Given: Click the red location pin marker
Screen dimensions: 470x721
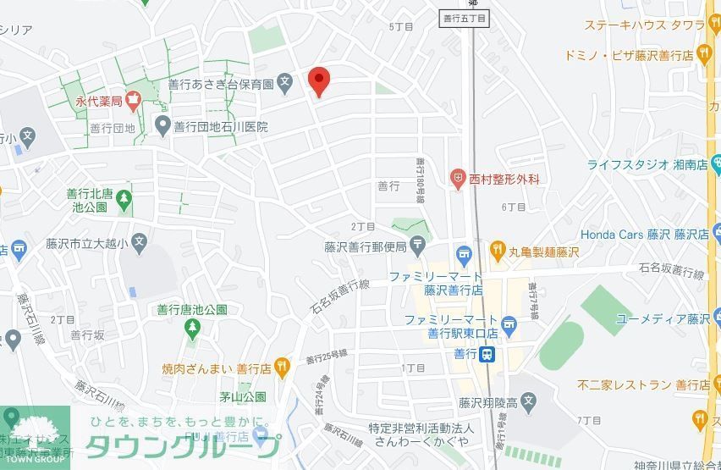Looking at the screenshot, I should (318, 81).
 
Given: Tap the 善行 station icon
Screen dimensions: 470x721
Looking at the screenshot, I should (487, 354).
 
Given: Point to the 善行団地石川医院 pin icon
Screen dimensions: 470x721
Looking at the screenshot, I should (163, 127).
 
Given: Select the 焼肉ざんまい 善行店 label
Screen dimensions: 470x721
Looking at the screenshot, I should (216, 368).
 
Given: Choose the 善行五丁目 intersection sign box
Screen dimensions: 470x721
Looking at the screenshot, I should (465, 18).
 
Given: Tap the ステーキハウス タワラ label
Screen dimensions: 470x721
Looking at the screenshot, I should (640, 25).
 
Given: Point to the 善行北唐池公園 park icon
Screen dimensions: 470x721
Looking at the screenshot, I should (125, 200).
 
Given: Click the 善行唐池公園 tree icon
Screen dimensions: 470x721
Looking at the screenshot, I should (192, 326).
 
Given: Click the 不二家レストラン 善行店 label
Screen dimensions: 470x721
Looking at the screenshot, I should (644, 384).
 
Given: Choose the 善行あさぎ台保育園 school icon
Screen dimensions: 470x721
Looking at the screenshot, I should (286, 84).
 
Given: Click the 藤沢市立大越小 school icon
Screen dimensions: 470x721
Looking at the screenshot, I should (139, 244).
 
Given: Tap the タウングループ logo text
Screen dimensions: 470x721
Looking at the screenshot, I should (182, 446).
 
